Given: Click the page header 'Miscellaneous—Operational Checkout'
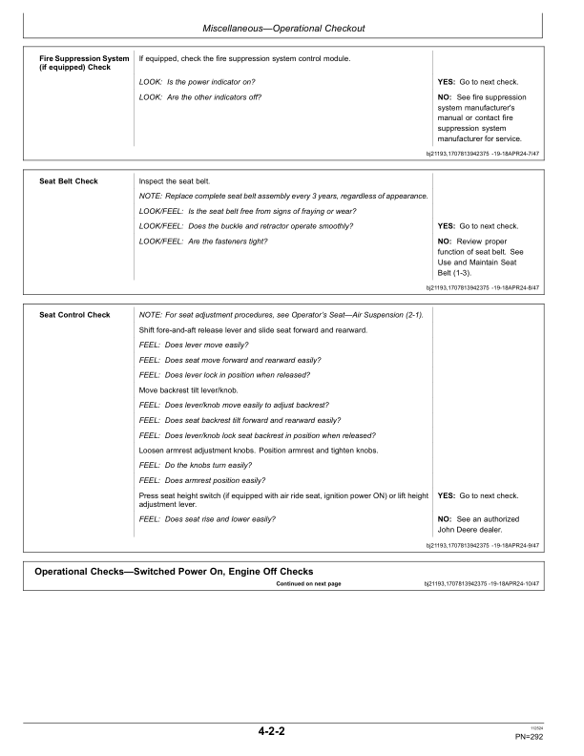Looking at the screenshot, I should click(291, 28).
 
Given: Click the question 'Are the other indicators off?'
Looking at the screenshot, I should click(200, 97).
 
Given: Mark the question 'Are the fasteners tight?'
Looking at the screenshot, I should click(203, 241).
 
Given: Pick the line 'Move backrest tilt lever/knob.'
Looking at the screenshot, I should click(196, 390).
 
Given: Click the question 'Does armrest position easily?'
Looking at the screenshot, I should click(202, 479).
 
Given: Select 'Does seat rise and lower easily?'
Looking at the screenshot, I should click(207, 518).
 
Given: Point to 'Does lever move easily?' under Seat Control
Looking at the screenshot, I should click(192, 345).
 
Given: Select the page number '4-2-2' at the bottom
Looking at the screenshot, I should click(272, 732).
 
